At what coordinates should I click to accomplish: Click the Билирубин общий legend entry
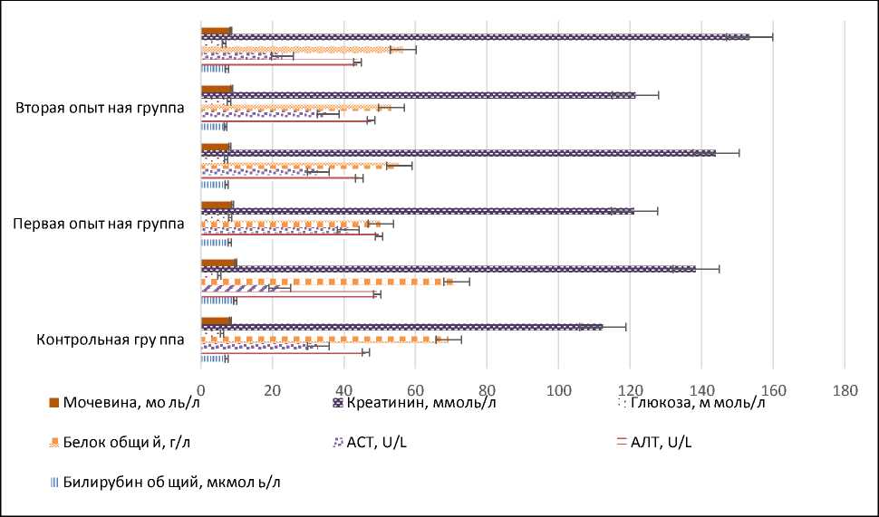click(163, 482)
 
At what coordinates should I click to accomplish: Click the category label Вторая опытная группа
click(101, 108)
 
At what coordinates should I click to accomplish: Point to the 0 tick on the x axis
click(200, 378)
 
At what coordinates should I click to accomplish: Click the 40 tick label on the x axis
click(343, 378)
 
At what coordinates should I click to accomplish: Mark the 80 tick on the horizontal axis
click(487, 378)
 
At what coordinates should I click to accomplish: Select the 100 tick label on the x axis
click(558, 378)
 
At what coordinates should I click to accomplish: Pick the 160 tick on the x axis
click(773, 378)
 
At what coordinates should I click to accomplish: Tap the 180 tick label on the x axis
click(845, 378)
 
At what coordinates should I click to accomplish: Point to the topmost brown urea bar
click(216, 31)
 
